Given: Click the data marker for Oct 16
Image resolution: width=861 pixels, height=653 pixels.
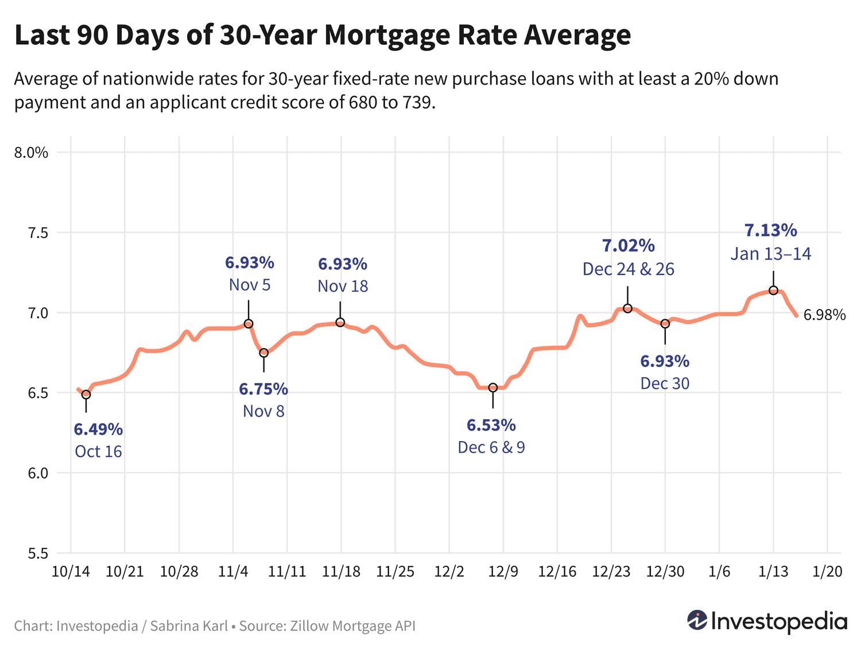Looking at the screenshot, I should [86, 395].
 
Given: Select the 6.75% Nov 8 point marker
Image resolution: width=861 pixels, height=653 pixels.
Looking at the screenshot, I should [263, 353].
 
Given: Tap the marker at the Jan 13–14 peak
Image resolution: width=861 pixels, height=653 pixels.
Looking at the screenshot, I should [773, 291].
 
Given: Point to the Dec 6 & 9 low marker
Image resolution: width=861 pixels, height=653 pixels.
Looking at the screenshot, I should [492, 388].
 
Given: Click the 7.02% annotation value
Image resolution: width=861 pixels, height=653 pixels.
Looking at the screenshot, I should [628, 246].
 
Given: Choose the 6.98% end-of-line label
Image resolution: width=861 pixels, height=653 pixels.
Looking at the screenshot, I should [824, 315].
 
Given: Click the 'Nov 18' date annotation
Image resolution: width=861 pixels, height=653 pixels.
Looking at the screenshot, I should [343, 286].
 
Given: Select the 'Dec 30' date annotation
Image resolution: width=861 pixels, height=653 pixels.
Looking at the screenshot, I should [665, 383].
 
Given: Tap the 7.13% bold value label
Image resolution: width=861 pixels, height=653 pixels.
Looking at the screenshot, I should [770, 230].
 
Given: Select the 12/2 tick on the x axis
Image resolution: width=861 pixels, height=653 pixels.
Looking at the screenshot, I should [449, 572].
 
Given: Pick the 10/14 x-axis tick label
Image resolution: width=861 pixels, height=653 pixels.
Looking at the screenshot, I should [70, 572].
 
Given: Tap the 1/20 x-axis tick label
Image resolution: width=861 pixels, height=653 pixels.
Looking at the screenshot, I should [827, 572].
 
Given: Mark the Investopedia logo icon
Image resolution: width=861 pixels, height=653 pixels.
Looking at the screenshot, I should [697, 620].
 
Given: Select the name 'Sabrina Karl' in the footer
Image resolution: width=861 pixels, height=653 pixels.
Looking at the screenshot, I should [189, 625].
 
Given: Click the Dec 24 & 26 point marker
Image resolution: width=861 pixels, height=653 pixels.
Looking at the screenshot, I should [627, 308].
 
